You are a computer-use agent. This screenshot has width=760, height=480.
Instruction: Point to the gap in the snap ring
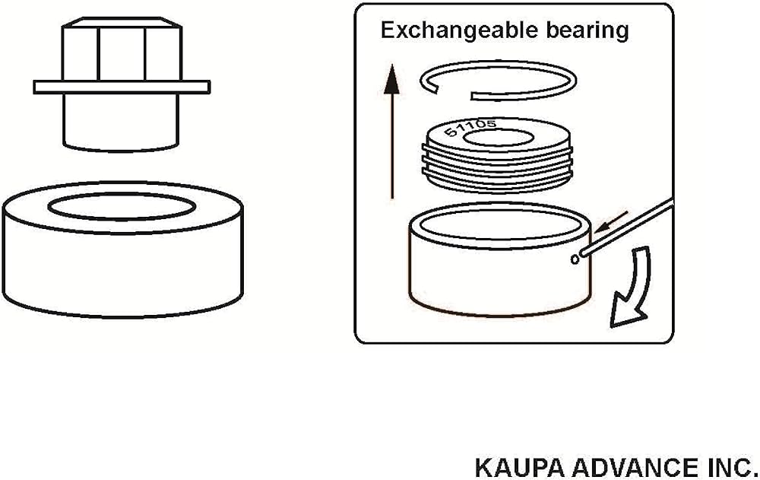coord(454,94)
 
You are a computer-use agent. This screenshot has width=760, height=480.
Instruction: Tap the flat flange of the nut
coord(122,87)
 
